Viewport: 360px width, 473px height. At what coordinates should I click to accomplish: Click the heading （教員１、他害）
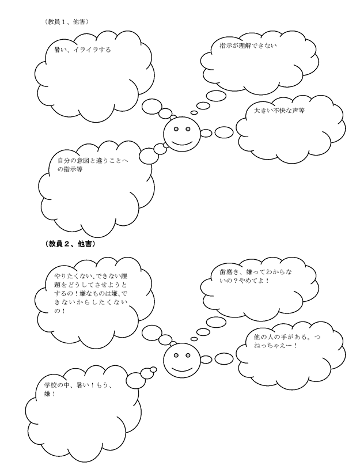66,22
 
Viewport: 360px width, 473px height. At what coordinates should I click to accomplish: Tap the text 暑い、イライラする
82,50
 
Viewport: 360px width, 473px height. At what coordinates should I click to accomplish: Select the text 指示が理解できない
248,46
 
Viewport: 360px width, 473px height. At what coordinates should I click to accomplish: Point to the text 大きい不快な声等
279,111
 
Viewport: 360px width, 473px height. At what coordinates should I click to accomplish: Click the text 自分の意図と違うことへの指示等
93,165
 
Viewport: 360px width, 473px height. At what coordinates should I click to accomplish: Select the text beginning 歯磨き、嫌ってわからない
256,276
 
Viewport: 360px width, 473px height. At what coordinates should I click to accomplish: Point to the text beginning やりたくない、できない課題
92,293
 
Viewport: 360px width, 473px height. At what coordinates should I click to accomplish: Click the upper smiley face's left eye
176,129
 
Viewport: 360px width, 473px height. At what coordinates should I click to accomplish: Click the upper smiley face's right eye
188,129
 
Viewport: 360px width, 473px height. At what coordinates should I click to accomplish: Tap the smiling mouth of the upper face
182,142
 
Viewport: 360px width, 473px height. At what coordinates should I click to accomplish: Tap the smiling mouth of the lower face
182,369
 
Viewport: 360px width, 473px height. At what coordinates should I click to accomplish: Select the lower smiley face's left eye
176,355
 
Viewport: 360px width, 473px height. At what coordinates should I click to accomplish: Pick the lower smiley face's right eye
188,355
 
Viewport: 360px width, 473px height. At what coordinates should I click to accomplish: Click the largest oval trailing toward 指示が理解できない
216,96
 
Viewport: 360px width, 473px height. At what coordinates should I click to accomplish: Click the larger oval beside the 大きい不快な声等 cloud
224,132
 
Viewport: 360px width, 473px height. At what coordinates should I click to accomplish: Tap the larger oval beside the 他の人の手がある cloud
224,359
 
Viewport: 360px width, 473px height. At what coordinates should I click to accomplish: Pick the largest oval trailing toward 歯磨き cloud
216,322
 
